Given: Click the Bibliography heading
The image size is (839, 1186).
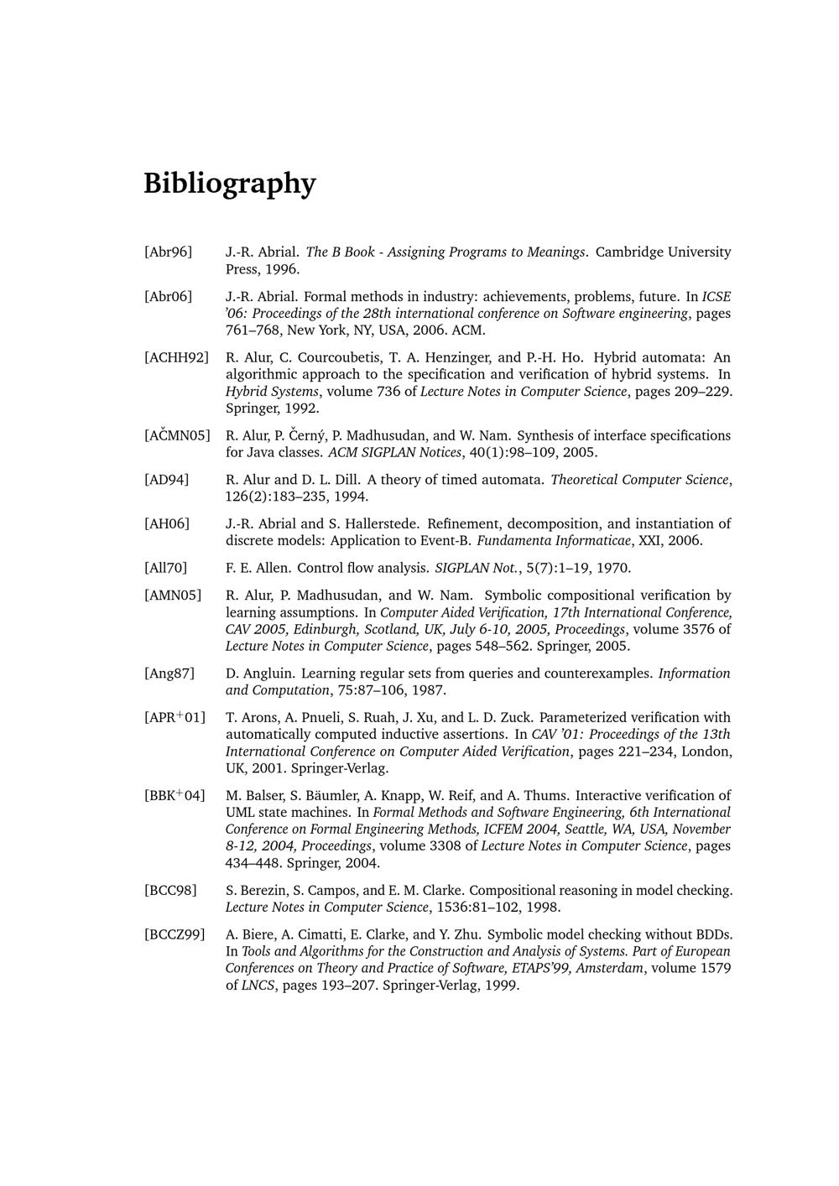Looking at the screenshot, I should pyautogui.click(x=229, y=184).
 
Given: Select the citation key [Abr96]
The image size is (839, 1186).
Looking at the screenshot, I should pyautogui.click(x=168, y=252).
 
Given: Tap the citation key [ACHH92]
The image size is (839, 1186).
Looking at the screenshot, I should pyautogui.click(x=176, y=357).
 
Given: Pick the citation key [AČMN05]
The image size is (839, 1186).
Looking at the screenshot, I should pyautogui.click(x=177, y=435).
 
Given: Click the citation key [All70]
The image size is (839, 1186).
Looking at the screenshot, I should pyautogui.click(x=165, y=568).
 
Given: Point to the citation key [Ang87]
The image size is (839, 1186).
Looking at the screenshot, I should pyautogui.click(x=169, y=673).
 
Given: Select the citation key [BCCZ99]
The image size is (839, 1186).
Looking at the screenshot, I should pyautogui.click(x=175, y=934).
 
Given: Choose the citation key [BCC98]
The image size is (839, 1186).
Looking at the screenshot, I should pyautogui.click(x=170, y=890).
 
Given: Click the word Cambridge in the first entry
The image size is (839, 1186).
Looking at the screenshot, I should pyautogui.click(x=629, y=252).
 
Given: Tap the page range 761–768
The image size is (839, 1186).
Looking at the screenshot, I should pyautogui.click(x=253, y=330).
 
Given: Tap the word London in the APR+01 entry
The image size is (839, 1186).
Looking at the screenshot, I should pyautogui.click(x=706, y=751).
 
